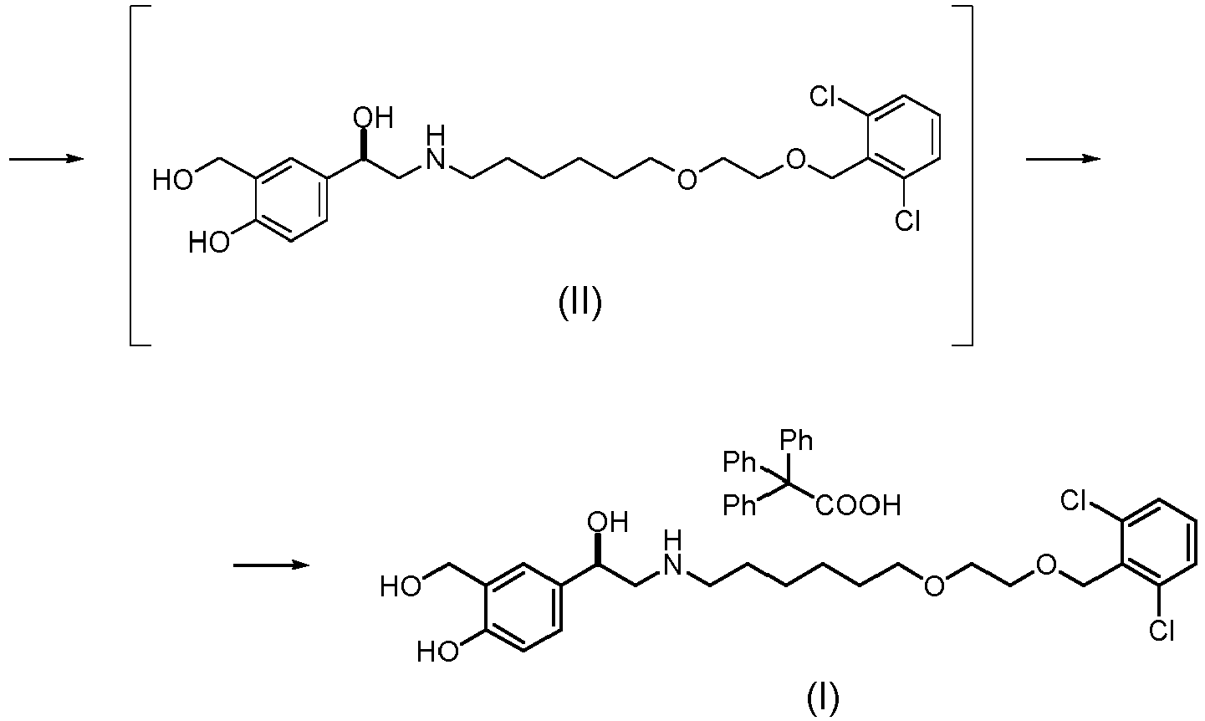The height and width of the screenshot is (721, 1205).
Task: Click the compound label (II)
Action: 580,304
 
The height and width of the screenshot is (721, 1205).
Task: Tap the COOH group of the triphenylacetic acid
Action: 859,505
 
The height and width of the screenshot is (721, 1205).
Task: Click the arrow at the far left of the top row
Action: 47,159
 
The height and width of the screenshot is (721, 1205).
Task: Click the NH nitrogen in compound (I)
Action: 672,561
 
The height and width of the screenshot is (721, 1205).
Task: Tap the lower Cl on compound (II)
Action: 907,221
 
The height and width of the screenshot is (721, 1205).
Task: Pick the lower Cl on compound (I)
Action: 1162,631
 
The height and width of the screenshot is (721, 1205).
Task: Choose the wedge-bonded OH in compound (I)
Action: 608,524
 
